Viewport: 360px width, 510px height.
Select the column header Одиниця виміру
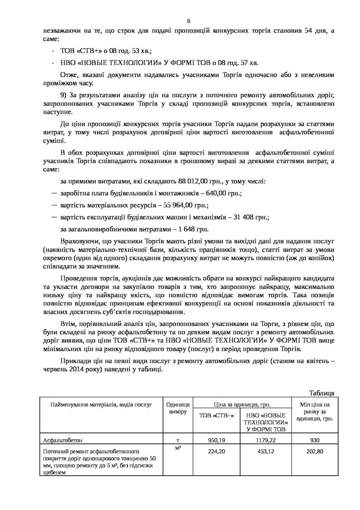(178, 408)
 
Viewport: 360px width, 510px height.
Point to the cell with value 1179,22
(266, 440)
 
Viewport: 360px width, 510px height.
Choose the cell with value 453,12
(266, 452)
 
